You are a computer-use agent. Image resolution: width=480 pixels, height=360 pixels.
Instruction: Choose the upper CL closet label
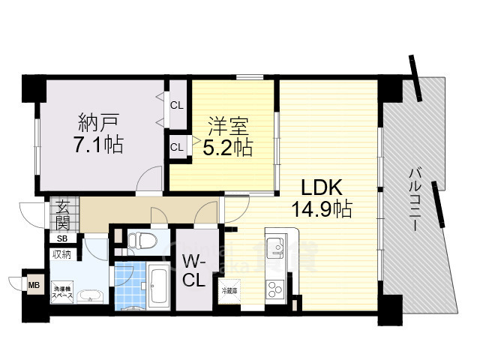(177, 105)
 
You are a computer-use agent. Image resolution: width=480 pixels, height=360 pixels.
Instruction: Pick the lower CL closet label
(177, 147)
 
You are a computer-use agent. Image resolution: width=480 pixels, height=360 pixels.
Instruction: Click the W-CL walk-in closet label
(194, 270)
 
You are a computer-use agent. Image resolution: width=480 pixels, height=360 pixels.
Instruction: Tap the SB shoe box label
(62, 239)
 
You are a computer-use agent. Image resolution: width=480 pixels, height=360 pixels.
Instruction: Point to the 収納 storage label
(61, 255)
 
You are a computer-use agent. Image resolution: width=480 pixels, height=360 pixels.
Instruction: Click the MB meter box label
(34, 285)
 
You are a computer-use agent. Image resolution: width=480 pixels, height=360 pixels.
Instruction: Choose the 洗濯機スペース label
(62, 293)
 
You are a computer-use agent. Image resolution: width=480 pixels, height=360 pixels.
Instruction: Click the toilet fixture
(141, 241)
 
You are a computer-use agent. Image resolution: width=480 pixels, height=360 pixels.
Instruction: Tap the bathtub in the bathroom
(159, 285)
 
